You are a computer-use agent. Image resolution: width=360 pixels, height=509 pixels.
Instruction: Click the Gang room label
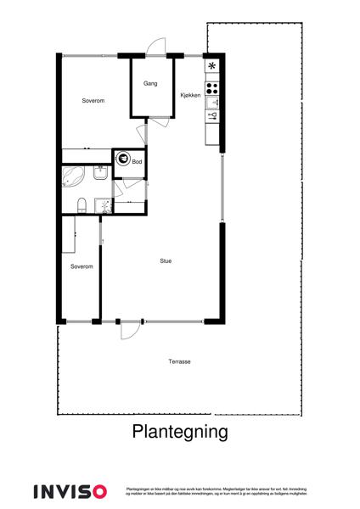(x=150, y=83)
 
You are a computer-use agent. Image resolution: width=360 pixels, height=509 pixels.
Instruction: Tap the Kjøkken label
(x=190, y=96)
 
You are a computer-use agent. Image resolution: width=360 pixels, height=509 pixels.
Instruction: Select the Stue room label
(x=166, y=260)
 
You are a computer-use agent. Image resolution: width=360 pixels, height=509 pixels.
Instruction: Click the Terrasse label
(x=179, y=361)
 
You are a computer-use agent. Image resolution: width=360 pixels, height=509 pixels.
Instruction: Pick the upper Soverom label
(x=93, y=101)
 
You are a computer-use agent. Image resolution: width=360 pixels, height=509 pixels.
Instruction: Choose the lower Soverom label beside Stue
(x=82, y=266)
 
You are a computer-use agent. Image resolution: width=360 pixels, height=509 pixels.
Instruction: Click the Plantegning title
(x=180, y=431)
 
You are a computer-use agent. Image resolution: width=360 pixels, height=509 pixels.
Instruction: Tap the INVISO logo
(x=70, y=491)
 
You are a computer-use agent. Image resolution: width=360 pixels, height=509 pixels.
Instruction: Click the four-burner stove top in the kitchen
(x=212, y=85)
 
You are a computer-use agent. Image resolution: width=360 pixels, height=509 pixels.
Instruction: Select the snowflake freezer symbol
(x=212, y=66)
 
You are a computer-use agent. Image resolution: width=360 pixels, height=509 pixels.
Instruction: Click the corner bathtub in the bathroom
(x=72, y=176)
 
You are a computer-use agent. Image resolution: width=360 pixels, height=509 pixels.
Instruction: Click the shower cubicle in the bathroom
(x=103, y=204)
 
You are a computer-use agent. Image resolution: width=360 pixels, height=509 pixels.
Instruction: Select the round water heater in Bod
(x=123, y=158)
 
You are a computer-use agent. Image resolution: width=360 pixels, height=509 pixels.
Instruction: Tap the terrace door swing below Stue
(x=129, y=330)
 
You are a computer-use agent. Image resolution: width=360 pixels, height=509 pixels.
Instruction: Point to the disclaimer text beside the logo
(x=216, y=491)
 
